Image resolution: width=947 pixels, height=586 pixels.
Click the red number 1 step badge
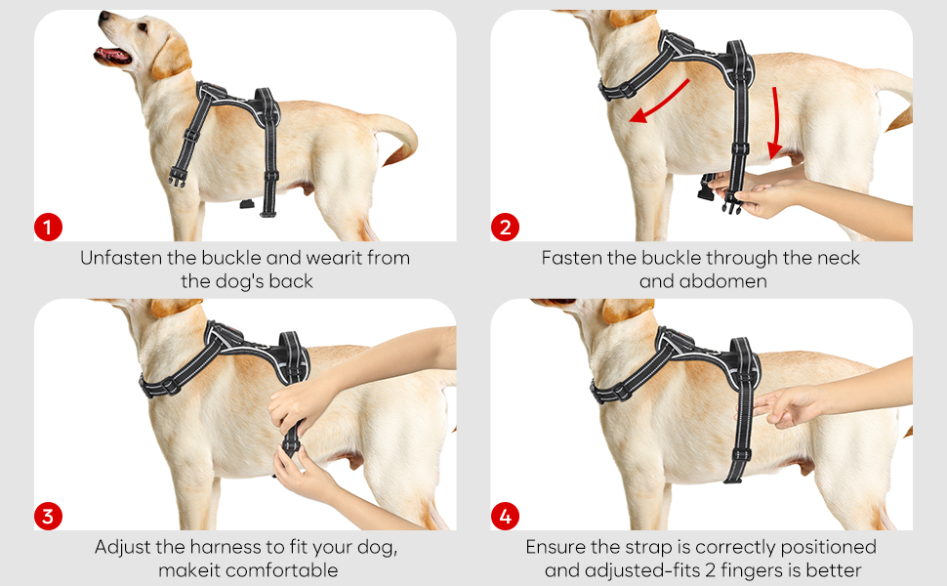click(x=48, y=228)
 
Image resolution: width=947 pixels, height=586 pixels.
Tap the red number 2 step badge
click(x=505, y=228)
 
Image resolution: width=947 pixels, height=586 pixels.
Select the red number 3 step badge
click(x=48, y=516)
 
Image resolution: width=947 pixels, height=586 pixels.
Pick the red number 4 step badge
click(x=505, y=516)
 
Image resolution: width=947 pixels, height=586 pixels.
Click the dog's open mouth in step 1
click(x=113, y=56)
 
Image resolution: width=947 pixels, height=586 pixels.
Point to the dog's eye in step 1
click(x=143, y=26)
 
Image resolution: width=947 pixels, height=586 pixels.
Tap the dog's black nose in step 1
click(x=104, y=16)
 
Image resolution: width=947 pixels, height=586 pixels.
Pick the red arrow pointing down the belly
click(x=775, y=124)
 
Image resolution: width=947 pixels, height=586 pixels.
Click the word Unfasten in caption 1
click(x=121, y=258)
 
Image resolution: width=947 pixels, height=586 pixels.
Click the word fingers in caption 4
click(x=751, y=570)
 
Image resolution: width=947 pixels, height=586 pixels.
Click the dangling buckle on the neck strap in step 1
click(x=177, y=178)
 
